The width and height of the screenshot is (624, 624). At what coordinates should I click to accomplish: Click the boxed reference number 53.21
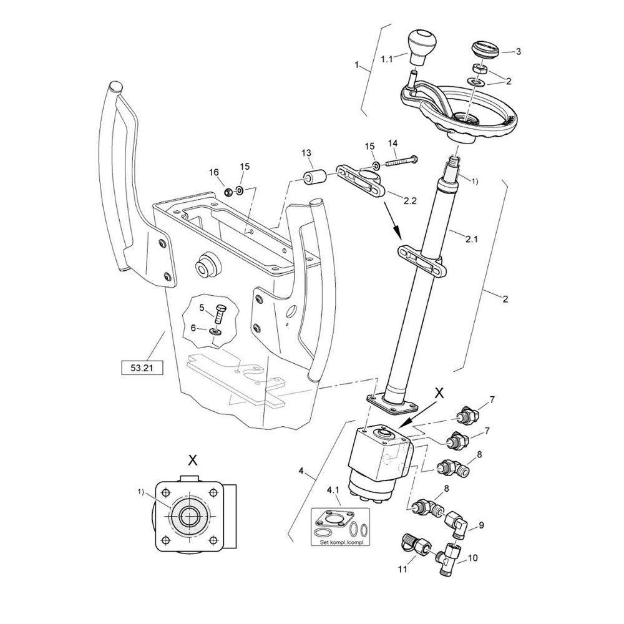click(140, 368)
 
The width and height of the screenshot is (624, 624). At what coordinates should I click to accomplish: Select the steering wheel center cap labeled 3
click(485, 49)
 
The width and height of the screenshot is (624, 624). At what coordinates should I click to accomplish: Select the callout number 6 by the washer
click(193, 328)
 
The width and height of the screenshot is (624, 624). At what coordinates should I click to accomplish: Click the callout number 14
click(392, 143)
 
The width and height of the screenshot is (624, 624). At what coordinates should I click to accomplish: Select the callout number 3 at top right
click(518, 52)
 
